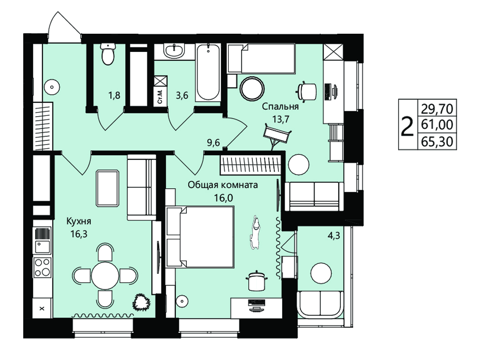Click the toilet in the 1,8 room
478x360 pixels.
(x=108, y=54)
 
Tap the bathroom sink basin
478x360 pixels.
(x=174, y=50)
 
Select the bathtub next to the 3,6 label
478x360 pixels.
(x=208, y=72)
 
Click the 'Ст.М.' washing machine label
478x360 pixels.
(x=160, y=97)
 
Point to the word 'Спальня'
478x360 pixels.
(x=280, y=107)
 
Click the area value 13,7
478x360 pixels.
(x=280, y=119)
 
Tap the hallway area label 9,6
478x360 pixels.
(x=213, y=143)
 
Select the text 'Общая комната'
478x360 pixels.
(x=222, y=185)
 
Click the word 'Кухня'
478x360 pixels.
(x=79, y=221)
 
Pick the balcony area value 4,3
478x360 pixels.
(x=334, y=235)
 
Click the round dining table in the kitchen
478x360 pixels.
(x=105, y=276)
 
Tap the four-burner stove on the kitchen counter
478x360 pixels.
(x=42, y=267)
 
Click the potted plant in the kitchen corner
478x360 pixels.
(x=141, y=303)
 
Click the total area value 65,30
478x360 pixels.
(x=437, y=142)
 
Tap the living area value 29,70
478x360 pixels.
(x=437, y=108)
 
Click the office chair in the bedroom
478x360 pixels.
(x=307, y=91)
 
